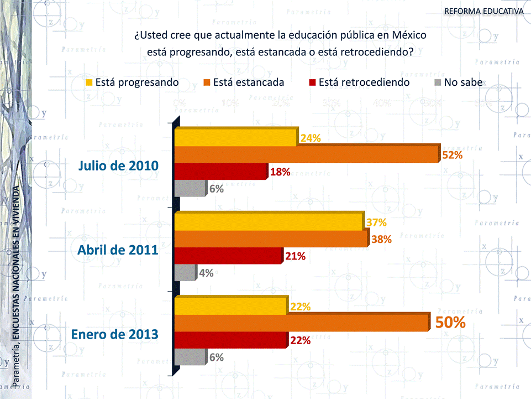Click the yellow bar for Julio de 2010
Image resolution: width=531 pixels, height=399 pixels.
pos(236,137)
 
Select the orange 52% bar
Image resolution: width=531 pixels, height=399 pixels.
pos(307,154)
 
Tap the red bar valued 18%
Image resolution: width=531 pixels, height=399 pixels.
pos(221,172)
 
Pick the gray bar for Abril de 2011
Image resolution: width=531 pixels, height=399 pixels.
pos(185,272)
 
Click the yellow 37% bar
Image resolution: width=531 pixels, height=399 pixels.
pos(269,221)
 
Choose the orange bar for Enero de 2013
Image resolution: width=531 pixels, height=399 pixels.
pos(302,322)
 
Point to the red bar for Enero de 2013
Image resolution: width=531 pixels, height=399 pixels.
pos(231,339)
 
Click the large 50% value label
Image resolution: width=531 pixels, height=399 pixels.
pos(450,322)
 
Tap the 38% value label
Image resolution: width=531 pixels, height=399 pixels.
pos(381,239)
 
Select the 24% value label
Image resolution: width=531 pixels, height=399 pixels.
pos(311,138)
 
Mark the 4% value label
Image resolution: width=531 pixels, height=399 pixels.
pos(206,272)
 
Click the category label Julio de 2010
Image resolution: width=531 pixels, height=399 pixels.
pos(118,165)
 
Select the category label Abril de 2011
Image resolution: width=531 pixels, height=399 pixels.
pos(118,250)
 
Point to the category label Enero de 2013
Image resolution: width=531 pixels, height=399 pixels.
pos(114,334)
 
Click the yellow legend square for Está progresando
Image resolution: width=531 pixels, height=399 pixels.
pos(88,82)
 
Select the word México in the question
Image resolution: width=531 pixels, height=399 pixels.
pos(409,35)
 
